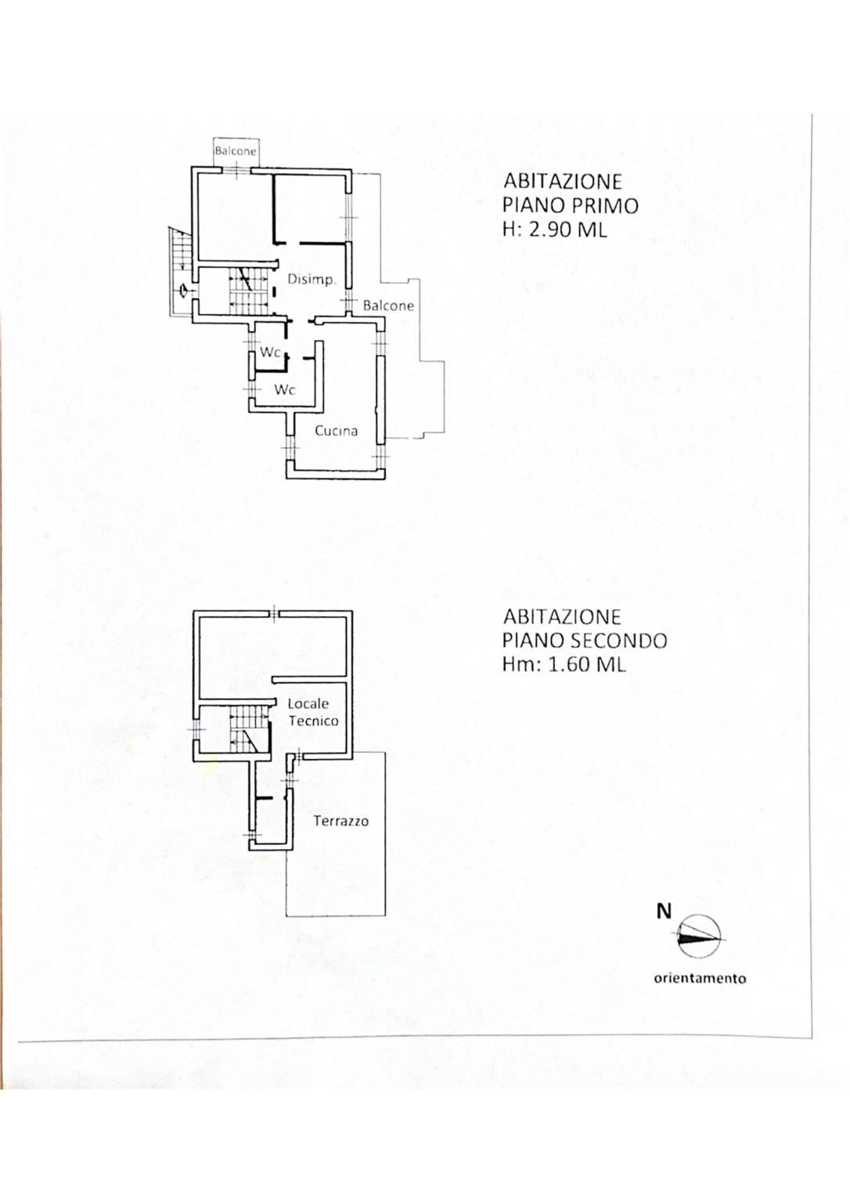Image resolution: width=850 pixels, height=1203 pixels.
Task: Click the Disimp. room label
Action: tap(312, 280)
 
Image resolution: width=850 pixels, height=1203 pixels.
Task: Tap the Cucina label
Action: tap(337, 431)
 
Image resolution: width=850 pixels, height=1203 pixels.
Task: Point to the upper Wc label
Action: tap(271, 352)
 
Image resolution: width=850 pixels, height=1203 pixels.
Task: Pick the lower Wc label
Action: tap(285, 390)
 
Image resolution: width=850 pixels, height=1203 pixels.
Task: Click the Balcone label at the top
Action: tap(236, 151)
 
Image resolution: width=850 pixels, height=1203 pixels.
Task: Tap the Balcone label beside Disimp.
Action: tap(388, 305)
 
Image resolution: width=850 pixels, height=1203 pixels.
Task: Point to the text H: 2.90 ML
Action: tap(555, 230)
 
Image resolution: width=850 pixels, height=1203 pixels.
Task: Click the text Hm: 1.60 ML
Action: tap(564, 664)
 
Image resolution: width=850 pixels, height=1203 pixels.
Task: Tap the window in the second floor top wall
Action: tap(274, 613)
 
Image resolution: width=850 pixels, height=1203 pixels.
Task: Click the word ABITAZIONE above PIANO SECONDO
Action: tap(562, 616)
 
